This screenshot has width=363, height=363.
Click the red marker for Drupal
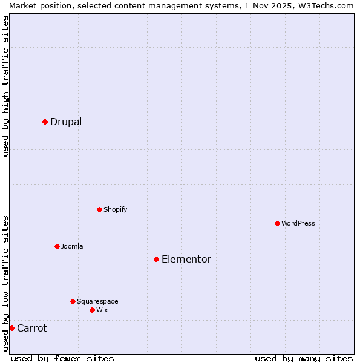point(45,122)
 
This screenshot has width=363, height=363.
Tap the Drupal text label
point(66,122)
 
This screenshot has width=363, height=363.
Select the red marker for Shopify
point(99,209)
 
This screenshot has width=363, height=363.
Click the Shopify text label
point(115,209)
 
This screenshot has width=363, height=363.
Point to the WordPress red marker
point(277,223)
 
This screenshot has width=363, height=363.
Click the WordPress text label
point(298,223)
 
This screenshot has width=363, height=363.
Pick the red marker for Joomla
point(57,246)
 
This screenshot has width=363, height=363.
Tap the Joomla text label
point(72,246)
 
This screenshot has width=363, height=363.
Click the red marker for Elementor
point(156,259)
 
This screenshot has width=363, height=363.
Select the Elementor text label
point(186,259)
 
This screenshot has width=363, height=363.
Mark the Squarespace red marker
point(73,301)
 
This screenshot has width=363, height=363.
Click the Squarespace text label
point(97,301)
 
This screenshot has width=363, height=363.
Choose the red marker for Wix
point(92,310)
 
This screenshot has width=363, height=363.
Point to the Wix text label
point(102,310)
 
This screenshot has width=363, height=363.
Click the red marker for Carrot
point(11,328)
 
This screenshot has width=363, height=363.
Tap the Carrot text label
point(31,328)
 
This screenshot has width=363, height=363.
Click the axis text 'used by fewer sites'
point(62,358)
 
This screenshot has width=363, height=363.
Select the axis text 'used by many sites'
point(304,358)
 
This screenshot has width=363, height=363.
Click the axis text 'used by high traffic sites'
point(5,86)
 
